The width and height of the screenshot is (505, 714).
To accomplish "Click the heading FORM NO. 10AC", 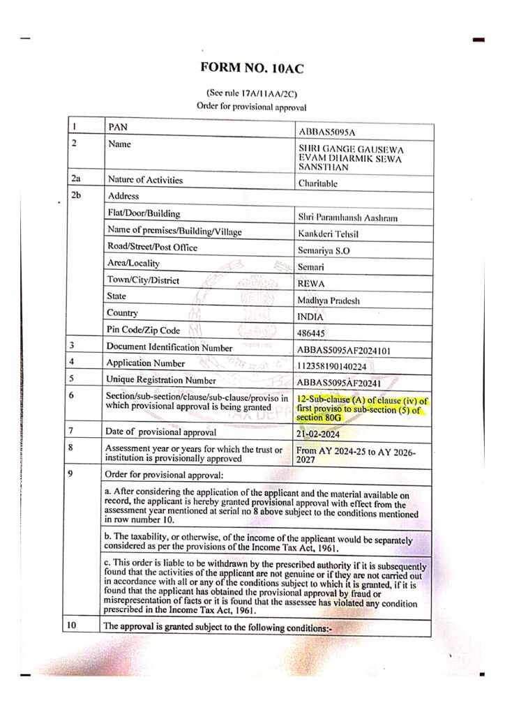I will pos(252,68).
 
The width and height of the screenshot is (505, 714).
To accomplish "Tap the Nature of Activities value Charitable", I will pos(318,183).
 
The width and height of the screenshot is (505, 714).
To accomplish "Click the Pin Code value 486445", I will pos(312,333).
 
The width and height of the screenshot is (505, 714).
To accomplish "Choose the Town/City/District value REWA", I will pos(311,284).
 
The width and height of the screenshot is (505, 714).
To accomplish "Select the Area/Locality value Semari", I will pos(311,267).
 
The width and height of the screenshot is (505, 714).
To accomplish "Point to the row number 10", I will pos(71,625).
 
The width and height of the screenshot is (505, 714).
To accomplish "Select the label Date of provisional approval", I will pos(161,432).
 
